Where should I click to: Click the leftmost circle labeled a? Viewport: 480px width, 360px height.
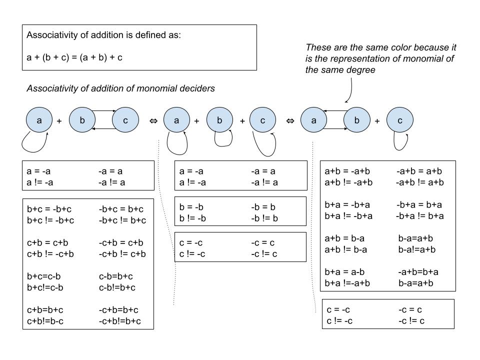pyautogui.click(x=39, y=120)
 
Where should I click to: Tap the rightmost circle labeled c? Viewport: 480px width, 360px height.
pyautogui.click(x=399, y=120)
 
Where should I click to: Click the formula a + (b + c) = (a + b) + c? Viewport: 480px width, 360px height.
pyautogui.click(x=74, y=57)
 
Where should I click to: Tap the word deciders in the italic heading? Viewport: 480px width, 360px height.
pyautogui.click(x=199, y=88)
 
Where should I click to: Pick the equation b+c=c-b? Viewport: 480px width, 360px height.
pyautogui.click(x=43, y=276)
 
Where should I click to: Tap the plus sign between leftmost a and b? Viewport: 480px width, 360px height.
pyautogui.click(x=59, y=121)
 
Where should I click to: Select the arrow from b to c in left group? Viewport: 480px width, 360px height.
pyautogui.click(x=103, y=111)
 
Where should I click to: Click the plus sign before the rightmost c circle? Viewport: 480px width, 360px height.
pyautogui.click(x=377, y=121)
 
